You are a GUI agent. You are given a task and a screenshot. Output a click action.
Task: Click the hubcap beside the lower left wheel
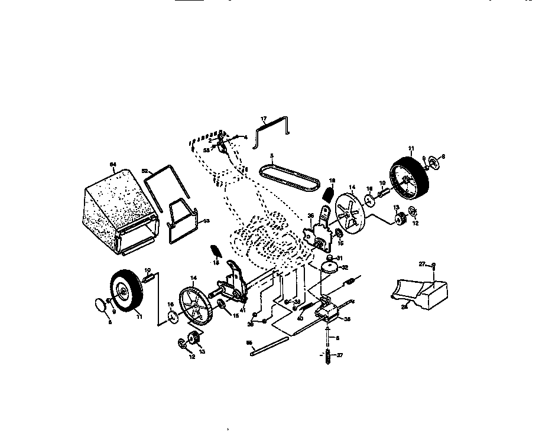(x=101, y=305)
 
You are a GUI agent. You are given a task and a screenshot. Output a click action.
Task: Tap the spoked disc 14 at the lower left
(x=194, y=306)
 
